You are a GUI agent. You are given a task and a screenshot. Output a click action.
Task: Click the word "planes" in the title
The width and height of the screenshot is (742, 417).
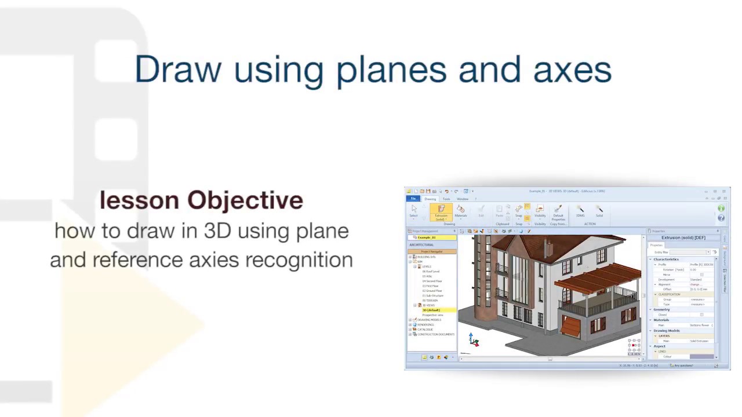[x=391, y=70]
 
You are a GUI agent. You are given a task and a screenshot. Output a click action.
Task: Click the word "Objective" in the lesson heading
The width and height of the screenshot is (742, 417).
[x=245, y=200]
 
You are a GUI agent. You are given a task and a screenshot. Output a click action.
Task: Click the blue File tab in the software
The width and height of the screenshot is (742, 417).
[x=413, y=199]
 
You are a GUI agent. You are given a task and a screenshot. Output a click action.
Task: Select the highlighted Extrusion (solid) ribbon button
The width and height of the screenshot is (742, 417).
[x=441, y=212]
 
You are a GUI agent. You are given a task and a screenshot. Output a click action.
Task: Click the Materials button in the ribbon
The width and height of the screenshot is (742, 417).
[x=461, y=211]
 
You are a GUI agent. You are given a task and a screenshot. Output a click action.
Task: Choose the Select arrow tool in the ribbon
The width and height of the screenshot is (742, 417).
[x=413, y=211]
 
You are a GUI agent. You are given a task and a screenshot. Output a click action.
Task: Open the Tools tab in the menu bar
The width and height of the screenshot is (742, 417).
[x=446, y=199]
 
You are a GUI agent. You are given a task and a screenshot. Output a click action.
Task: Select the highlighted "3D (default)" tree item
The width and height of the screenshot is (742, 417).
[x=431, y=310]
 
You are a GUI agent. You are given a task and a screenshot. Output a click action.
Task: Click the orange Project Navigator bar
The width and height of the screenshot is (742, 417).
[x=431, y=251]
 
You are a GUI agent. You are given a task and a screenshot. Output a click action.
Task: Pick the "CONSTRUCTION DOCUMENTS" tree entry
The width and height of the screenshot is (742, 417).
[x=435, y=334]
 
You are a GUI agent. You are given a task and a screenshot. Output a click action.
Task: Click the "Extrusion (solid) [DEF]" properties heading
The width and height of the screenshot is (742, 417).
[x=683, y=237]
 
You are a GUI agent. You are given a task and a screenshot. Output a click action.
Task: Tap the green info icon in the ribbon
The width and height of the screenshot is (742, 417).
[x=721, y=209]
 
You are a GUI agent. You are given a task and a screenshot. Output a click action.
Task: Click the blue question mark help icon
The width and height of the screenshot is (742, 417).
[x=721, y=218]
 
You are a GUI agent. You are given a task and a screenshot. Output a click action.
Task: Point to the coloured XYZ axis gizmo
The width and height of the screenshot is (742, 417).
[x=474, y=341]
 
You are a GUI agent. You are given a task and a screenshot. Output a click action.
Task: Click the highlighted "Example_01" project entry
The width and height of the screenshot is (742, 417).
[x=427, y=237]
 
